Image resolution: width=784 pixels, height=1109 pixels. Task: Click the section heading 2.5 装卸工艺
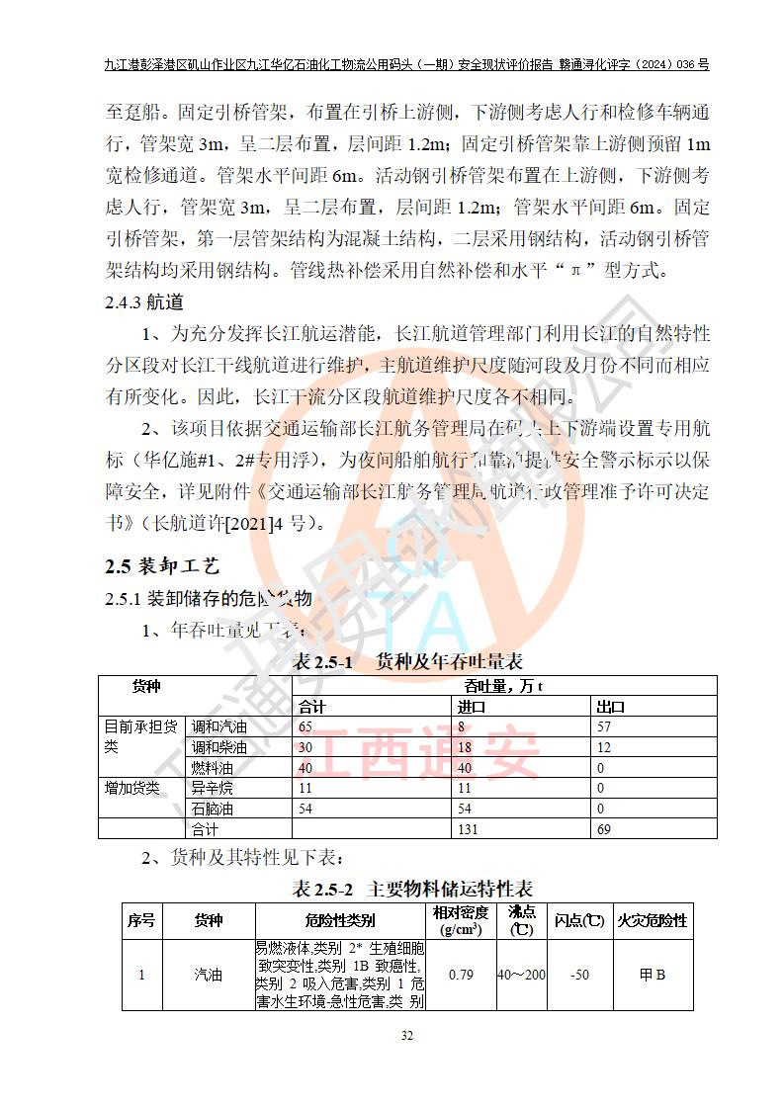pyautogui.click(x=162, y=566)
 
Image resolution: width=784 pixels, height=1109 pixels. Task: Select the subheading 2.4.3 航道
pyautogui.click(x=144, y=302)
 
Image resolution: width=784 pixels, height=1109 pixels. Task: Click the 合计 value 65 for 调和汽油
pyautogui.click(x=305, y=727)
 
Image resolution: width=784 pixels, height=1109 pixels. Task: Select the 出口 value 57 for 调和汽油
pyautogui.click(x=605, y=727)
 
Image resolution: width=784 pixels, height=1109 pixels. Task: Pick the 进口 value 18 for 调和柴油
pyautogui.click(x=465, y=747)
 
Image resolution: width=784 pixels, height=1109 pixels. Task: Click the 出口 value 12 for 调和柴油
pyautogui.click(x=604, y=747)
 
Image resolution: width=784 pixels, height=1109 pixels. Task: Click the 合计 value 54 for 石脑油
pyautogui.click(x=306, y=809)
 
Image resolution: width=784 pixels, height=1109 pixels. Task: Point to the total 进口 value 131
pyautogui.click(x=468, y=829)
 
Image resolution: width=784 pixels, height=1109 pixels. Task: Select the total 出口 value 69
pyautogui.click(x=604, y=829)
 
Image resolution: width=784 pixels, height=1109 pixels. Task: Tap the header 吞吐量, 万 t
pyautogui.click(x=504, y=686)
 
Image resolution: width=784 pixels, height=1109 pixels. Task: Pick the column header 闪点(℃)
pyautogui.click(x=579, y=920)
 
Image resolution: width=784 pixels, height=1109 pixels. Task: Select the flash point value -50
pyautogui.click(x=580, y=975)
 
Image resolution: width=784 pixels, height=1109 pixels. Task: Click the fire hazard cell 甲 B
pyautogui.click(x=653, y=975)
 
